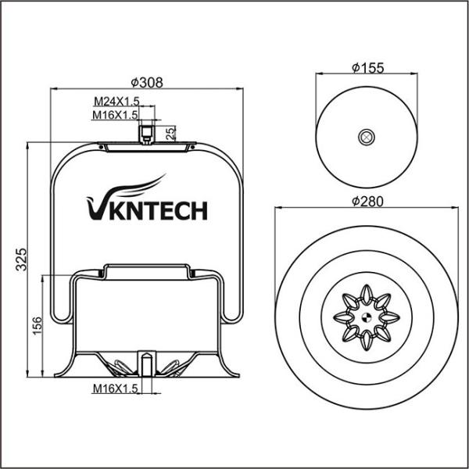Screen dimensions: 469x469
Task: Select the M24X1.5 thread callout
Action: pos(116,102)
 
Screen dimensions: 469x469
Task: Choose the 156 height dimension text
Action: pos(36,326)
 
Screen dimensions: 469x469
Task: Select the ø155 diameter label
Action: pos(367,68)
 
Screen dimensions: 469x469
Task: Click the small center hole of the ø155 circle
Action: pos(365,138)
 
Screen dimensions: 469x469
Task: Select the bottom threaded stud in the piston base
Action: pos(145,363)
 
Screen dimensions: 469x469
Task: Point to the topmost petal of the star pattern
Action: pos(365,294)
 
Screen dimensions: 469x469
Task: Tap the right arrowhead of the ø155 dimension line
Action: pos(414,76)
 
